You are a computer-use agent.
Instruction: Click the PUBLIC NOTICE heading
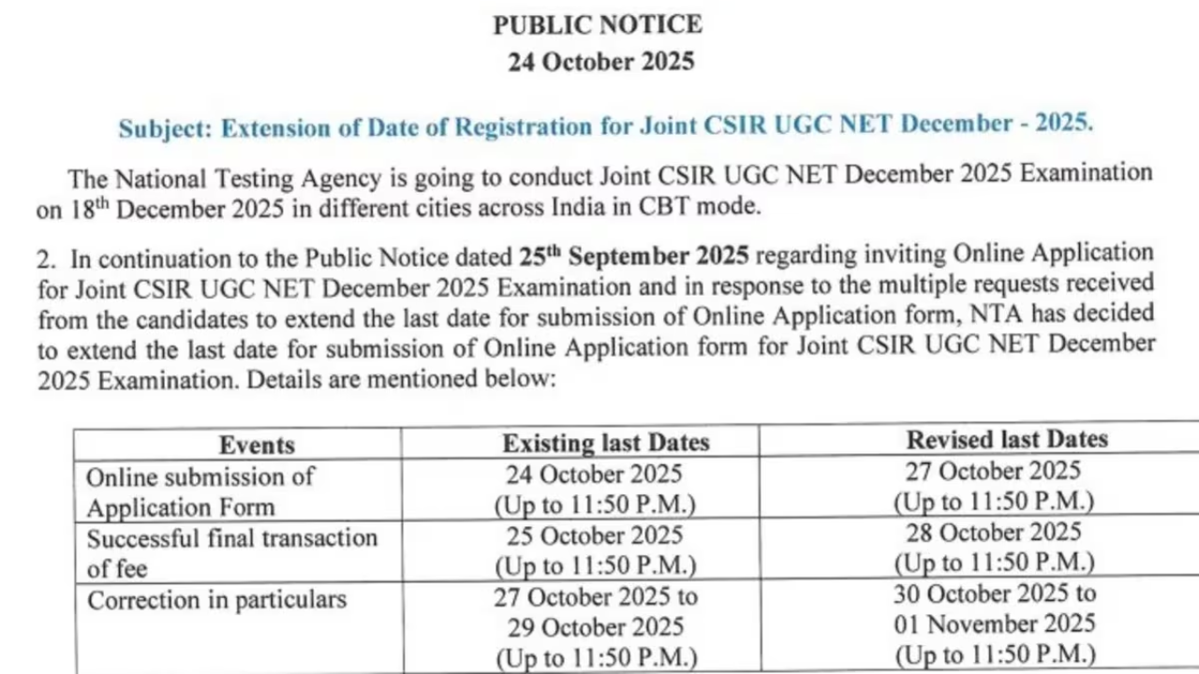[x=598, y=24]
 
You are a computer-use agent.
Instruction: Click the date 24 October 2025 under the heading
[x=600, y=62]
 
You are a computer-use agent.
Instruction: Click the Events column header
[x=257, y=445]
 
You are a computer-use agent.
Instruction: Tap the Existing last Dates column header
[x=605, y=442]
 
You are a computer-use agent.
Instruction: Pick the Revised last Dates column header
[x=1007, y=439]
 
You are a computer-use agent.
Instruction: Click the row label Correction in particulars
[x=216, y=600]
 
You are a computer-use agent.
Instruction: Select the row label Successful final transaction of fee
[x=231, y=552]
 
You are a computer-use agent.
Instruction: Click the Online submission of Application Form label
[x=200, y=491]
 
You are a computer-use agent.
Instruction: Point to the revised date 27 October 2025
[x=992, y=471]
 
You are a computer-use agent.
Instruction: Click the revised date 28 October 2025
[x=993, y=533]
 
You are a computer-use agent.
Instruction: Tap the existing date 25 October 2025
[x=595, y=535]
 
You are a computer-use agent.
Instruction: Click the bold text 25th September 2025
[x=633, y=256]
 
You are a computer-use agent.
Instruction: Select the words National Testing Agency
[x=247, y=178]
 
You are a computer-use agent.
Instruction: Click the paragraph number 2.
[x=44, y=258]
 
